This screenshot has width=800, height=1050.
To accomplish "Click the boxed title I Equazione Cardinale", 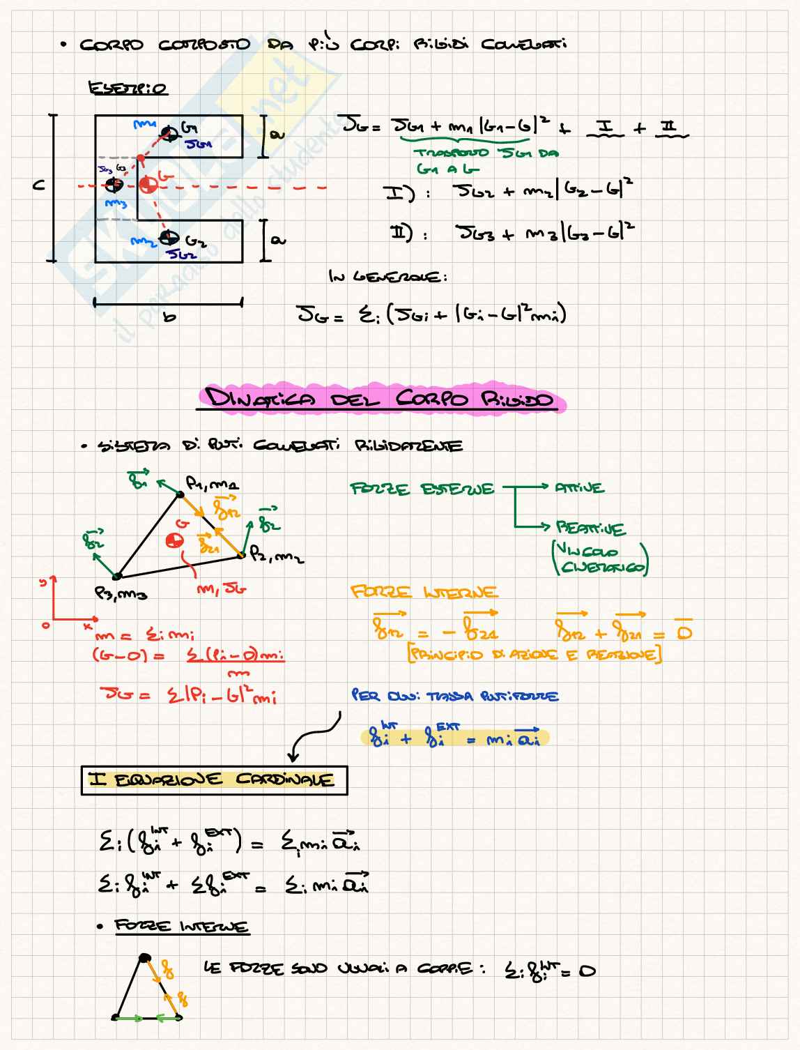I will [x=214, y=779].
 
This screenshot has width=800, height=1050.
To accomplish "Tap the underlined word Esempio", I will [x=128, y=89].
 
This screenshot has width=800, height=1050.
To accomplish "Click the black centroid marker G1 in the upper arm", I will [x=169, y=132].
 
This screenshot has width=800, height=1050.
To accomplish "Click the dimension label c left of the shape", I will [x=39, y=185].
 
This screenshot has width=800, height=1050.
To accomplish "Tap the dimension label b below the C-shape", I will [x=169, y=317].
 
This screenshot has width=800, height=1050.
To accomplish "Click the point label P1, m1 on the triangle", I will [x=212, y=482].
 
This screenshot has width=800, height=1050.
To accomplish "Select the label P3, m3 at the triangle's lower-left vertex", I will [x=121, y=594].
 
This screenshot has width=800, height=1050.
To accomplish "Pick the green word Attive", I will [x=579, y=488].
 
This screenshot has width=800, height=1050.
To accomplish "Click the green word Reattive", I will [x=590, y=528].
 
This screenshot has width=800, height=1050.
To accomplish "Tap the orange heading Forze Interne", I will [x=424, y=593].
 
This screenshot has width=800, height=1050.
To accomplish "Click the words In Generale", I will [x=387, y=277].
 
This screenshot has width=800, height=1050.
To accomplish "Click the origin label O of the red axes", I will [x=46, y=625].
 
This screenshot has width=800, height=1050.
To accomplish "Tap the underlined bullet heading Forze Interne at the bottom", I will [x=181, y=927].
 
